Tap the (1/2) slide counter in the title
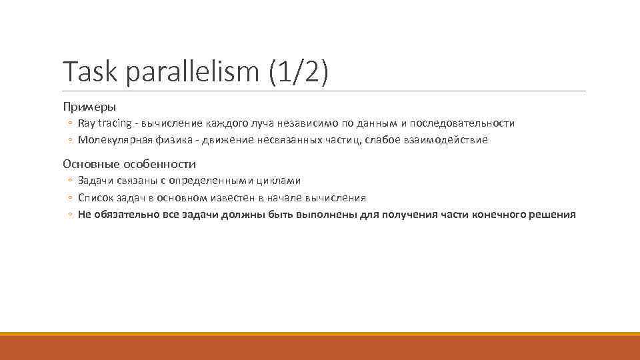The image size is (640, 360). coord(299,72)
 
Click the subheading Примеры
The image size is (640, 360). coord(89,107)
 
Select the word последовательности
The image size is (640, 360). coord(462,123)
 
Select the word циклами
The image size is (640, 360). coord(279,181)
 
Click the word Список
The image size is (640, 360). coord(95,198)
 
